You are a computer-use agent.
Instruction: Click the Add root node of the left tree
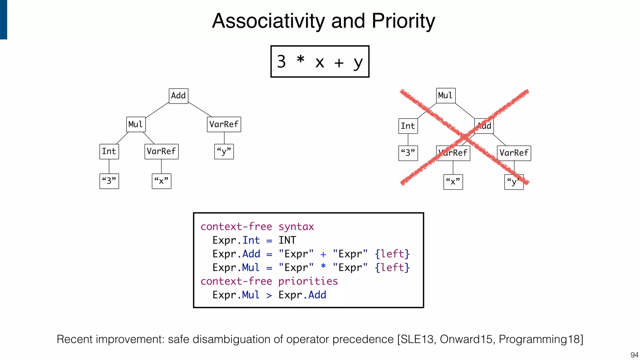tap(178, 96)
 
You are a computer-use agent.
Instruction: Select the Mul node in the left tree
tap(136, 124)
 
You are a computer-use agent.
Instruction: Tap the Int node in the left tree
tap(109, 152)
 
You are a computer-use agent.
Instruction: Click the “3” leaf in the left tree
tap(109, 181)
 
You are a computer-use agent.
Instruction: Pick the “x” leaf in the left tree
tap(161, 181)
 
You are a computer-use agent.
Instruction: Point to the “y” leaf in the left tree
tap(224, 152)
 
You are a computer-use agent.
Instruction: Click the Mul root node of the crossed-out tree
tap(446, 96)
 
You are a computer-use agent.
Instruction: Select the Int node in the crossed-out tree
tap(408, 126)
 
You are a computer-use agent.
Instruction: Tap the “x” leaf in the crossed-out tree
tap(453, 182)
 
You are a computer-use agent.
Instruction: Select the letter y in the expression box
tap(358, 62)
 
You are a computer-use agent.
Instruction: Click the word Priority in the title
tap(403, 21)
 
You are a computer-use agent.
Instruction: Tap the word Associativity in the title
tap(269, 21)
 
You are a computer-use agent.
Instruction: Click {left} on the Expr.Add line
tap(392, 254)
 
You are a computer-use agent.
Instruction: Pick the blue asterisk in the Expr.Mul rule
tap(323, 266)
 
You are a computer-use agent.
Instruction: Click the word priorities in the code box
tap(308, 281)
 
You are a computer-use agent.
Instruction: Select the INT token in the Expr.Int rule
tap(287, 240)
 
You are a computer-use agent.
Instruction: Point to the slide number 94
tap(634, 355)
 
